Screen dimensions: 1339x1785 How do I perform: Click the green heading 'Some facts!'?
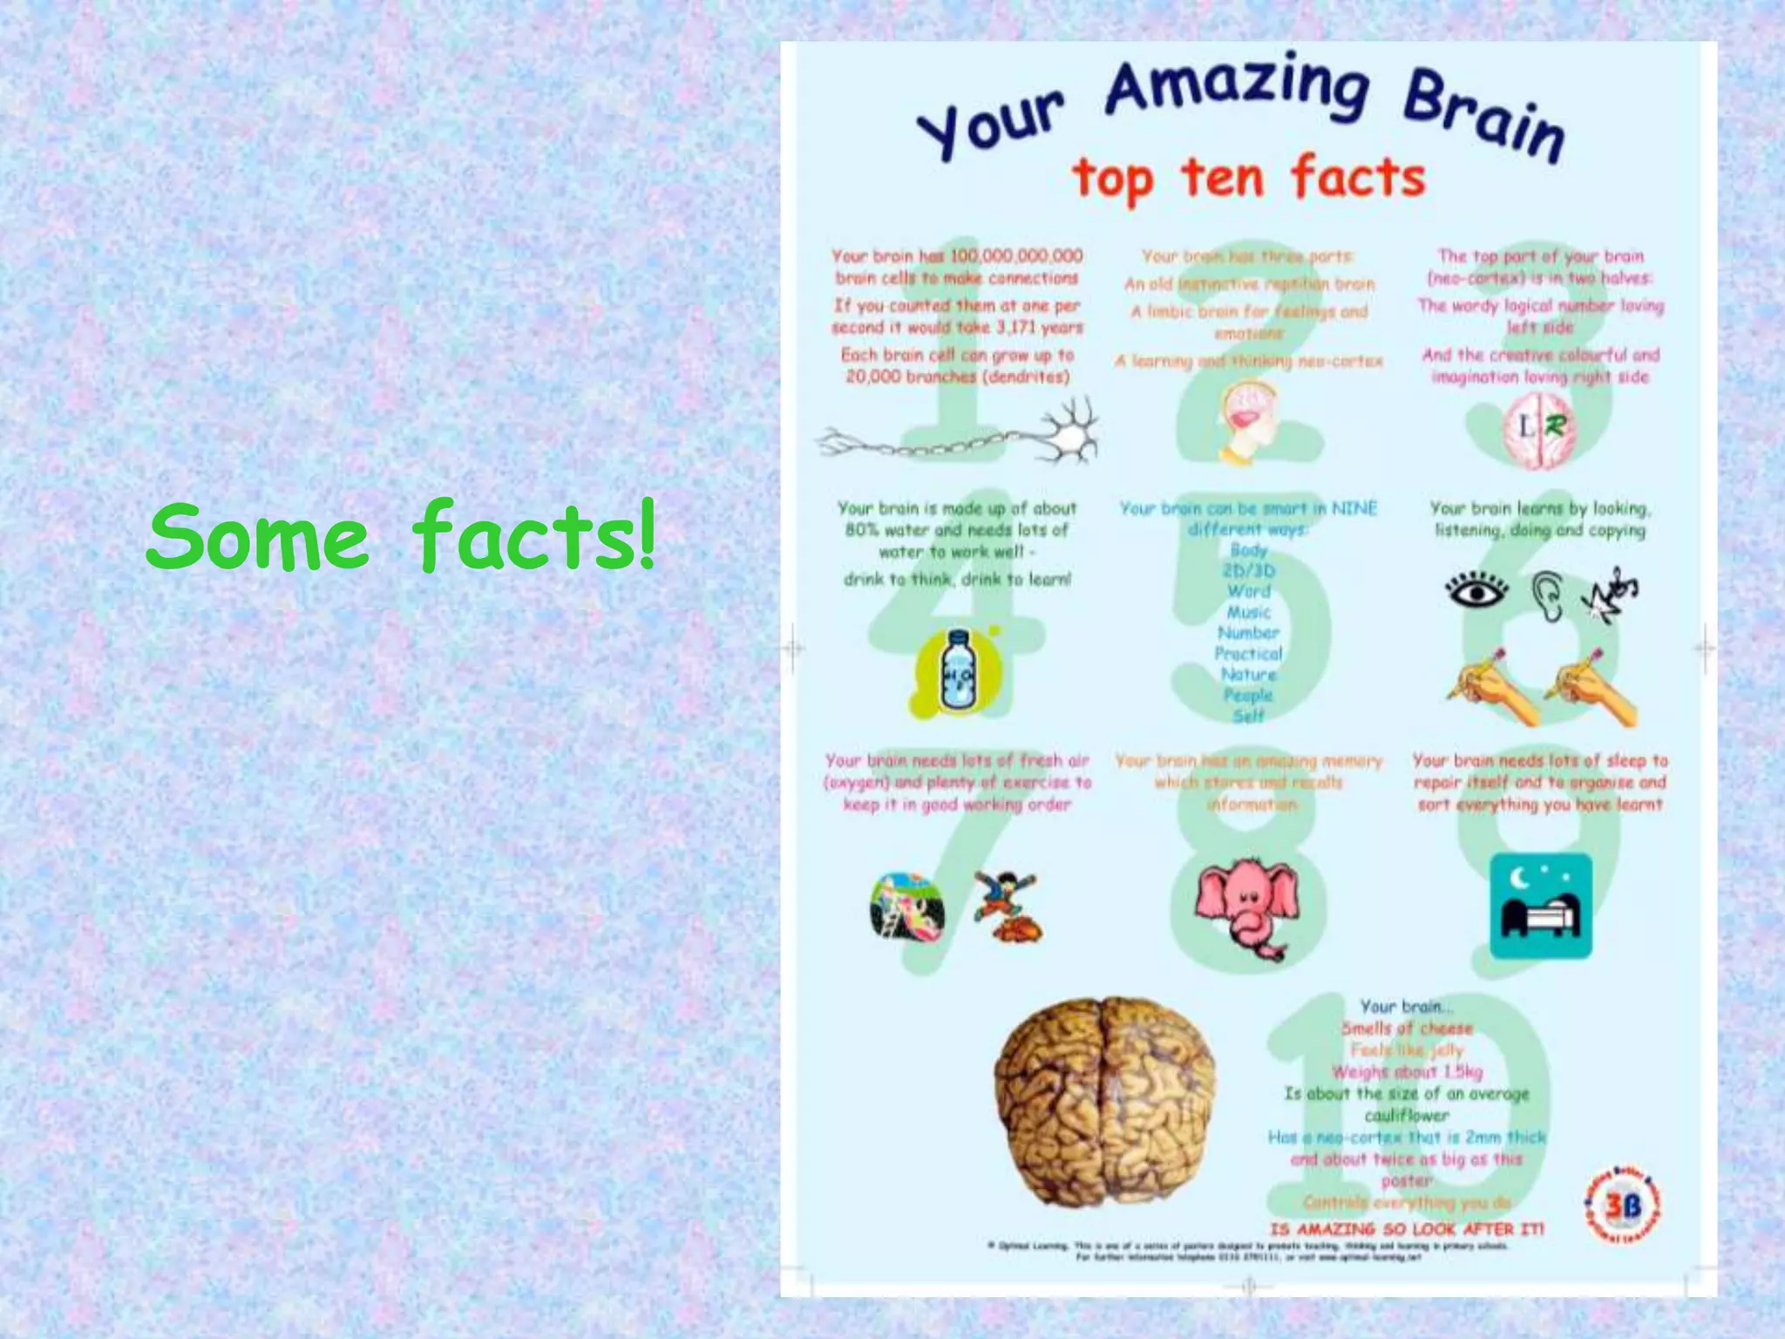400,538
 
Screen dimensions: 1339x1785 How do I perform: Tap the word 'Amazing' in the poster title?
1237,95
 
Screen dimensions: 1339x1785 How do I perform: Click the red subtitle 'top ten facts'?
1248,178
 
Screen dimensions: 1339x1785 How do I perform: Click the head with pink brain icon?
1249,423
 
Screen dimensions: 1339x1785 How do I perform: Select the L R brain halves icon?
1542,426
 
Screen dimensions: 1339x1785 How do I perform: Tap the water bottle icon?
956,671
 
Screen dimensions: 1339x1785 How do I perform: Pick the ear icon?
1548,595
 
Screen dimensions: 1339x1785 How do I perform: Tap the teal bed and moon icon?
1540,907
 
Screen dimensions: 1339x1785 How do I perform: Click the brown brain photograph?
1105,1103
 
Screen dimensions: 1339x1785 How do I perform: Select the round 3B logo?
1623,1207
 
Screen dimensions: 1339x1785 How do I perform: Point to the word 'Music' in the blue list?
1249,612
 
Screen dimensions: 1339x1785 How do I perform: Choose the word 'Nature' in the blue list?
1249,674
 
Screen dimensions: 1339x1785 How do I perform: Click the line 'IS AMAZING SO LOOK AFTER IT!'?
1406,1229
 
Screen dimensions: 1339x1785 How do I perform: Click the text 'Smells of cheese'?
1407,1029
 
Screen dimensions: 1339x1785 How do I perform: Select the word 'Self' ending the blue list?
1249,716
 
